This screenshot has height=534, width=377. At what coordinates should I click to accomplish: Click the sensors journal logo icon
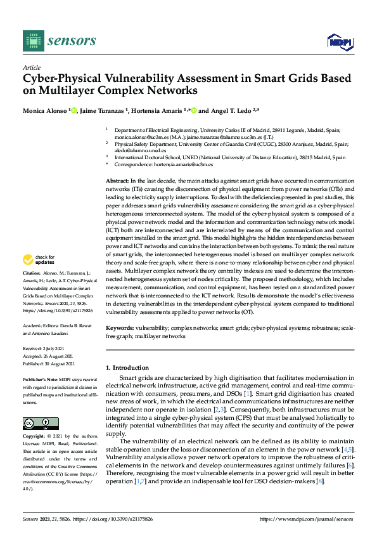31,41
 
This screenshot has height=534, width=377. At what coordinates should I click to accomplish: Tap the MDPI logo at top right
340,42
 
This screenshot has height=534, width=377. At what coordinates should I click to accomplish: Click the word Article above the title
31,67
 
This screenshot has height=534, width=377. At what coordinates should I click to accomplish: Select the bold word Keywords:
119,329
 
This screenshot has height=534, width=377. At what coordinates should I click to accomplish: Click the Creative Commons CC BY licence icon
41,406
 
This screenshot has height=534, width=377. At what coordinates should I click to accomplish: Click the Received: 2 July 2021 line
45,348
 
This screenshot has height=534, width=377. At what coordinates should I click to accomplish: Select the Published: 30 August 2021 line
50,363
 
